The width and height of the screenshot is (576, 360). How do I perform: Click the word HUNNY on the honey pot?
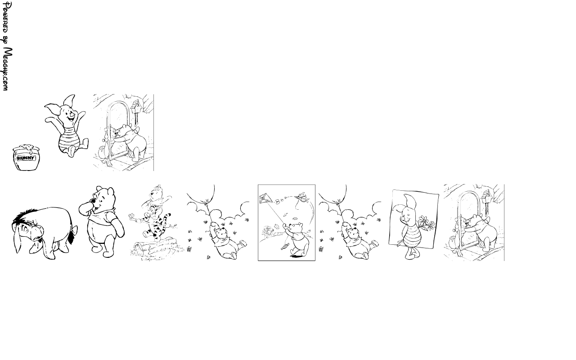coord(26,158)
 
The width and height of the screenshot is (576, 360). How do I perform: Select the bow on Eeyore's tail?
coord(74,231)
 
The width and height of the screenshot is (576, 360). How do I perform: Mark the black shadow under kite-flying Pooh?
coord(296,256)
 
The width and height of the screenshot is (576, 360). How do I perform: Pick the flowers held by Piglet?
coord(426,223)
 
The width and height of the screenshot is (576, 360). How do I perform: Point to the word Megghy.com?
coord(8,69)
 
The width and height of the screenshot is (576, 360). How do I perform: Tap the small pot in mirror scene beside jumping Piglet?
coord(102,152)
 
